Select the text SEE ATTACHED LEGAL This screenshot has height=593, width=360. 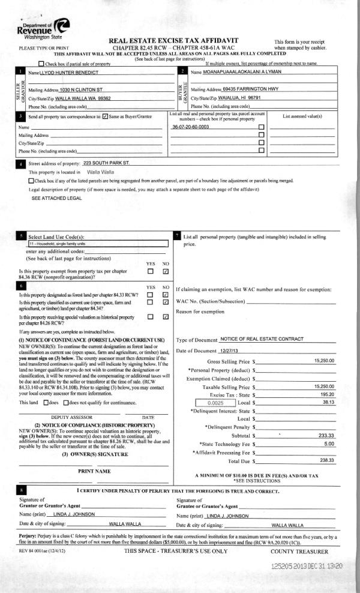tap(56, 197)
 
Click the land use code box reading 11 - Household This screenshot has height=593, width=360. tap(97, 244)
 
